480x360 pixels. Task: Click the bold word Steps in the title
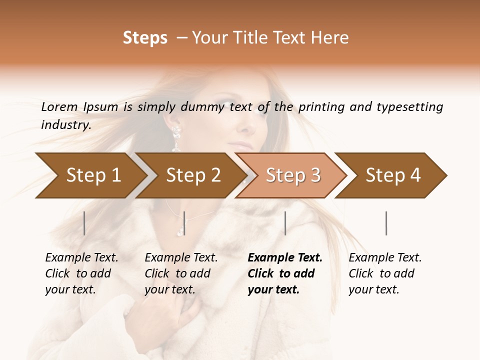pyautogui.click(x=145, y=38)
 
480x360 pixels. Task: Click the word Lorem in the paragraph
pyautogui.click(x=59, y=107)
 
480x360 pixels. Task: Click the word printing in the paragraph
pyautogui.click(x=322, y=107)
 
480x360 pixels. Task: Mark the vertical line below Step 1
pyautogui.click(x=84, y=223)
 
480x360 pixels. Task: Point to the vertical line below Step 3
pyautogui.click(x=285, y=223)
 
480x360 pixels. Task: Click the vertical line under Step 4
pyautogui.click(x=386, y=223)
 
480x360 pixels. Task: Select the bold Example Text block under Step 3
pyautogui.click(x=284, y=273)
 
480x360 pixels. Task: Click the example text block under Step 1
pyautogui.click(x=81, y=273)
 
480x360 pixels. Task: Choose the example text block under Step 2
pyautogui.click(x=181, y=273)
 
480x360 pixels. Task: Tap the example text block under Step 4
pyautogui.click(x=385, y=273)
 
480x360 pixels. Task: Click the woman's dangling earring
pyautogui.click(x=176, y=138)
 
